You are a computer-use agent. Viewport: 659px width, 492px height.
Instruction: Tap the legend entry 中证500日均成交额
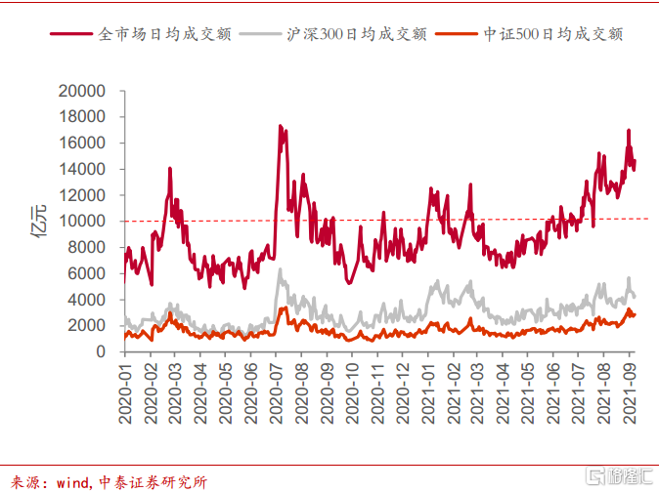click(553, 33)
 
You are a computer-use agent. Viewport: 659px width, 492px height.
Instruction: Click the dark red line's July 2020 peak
click(280, 126)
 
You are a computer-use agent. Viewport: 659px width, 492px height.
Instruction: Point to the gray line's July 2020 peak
click(280, 269)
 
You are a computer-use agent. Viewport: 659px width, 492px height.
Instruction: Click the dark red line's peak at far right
click(629, 130)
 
